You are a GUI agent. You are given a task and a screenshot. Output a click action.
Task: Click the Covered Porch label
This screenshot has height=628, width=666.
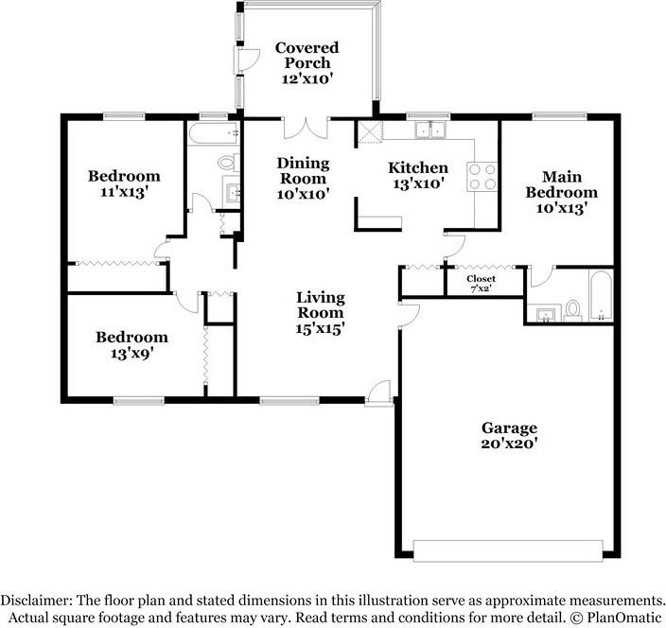pyautogui.click(x=307, y=62)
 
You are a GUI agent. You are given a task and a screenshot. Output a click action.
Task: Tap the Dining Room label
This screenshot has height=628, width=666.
pyautogui.click(x=303, y=178)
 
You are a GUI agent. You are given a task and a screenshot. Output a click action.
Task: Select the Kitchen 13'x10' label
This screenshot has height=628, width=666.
pyautogui.click(x=418, y=176)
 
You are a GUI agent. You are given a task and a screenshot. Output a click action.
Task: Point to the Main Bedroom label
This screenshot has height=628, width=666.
pyautogui.click(x=569, y=192)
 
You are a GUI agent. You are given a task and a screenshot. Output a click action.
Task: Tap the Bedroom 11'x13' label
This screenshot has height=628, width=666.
pyautogui.click(x=124, y=183)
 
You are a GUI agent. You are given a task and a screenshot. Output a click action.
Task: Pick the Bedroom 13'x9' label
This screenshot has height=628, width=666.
pyautogui.click(x=131, y=344)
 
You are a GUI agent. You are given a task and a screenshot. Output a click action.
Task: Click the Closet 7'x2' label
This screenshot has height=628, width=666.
pyautogui.click(x=482, y=283)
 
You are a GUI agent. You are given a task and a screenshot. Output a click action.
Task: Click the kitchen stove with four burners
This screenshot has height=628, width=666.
pyautogui.click(x=481, y=178)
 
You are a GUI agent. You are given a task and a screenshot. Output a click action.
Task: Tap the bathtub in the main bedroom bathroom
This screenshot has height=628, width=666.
pyautogui.click(x=601, y=296)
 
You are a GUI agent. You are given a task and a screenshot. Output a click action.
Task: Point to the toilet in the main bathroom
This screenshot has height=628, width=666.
pyautogui.click(x=571, y=309)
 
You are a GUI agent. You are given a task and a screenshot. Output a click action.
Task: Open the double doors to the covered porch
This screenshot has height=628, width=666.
pyautogui.click(x=305, y=127)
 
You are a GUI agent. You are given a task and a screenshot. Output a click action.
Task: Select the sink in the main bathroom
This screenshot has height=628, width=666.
pyautogui.click(x=543, y=314)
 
